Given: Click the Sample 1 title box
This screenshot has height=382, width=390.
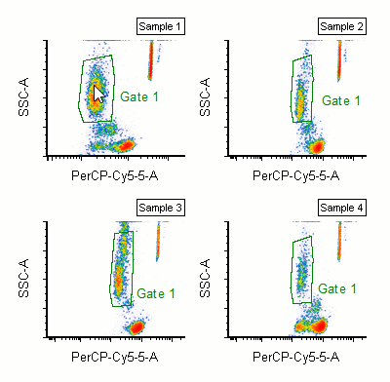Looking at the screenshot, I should pos(161,24).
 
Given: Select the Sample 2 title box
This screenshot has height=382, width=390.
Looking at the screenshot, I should pos(341,24).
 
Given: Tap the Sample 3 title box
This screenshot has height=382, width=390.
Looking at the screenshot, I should pos(161,209).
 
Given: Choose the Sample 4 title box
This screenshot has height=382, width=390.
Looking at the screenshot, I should pos(341,209).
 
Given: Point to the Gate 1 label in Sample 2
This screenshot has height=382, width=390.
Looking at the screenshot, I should pos(340,99).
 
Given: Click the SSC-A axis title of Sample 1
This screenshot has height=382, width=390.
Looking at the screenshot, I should pos(24,97).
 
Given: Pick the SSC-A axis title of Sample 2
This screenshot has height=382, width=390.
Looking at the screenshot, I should pos(206,97).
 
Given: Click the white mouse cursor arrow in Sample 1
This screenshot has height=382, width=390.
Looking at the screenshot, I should pos(97,95).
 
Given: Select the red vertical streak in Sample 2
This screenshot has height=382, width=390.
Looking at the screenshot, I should pos(337,63).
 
